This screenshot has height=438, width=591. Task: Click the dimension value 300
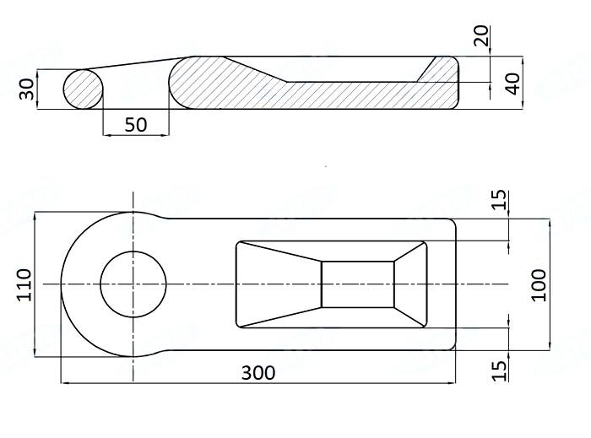coord(258,372)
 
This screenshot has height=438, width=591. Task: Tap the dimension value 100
coord(539,284)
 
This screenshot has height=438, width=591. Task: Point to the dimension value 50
coord(135,125)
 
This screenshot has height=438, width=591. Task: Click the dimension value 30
coord(24,89)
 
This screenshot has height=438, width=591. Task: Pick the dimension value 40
coord(512,83)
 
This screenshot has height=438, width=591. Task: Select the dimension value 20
coord(480,36)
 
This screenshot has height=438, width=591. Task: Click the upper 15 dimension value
coord(500,199)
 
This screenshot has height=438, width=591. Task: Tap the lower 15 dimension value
coord(500,369)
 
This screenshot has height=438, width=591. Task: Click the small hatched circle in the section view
coord(84,89)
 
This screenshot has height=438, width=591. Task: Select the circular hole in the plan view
coord(133,284)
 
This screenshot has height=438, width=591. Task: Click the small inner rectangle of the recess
coord(358,284)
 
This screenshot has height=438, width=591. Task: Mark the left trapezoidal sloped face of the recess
coord(279,284)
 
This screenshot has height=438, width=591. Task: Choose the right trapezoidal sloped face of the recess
coord(410,284)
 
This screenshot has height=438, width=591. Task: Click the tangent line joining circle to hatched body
coord(139,63)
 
